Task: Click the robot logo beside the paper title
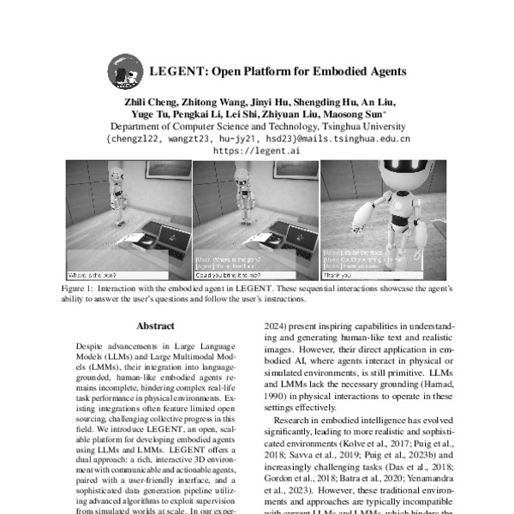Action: point(124,72)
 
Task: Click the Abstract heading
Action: point(155,326)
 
